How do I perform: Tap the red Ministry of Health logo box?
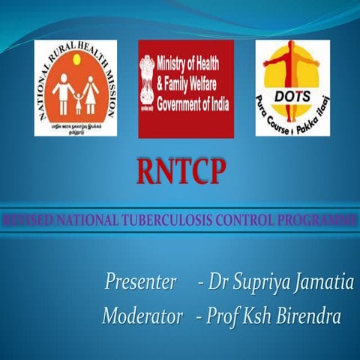[185, 88]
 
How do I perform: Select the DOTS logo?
[292, 88]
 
